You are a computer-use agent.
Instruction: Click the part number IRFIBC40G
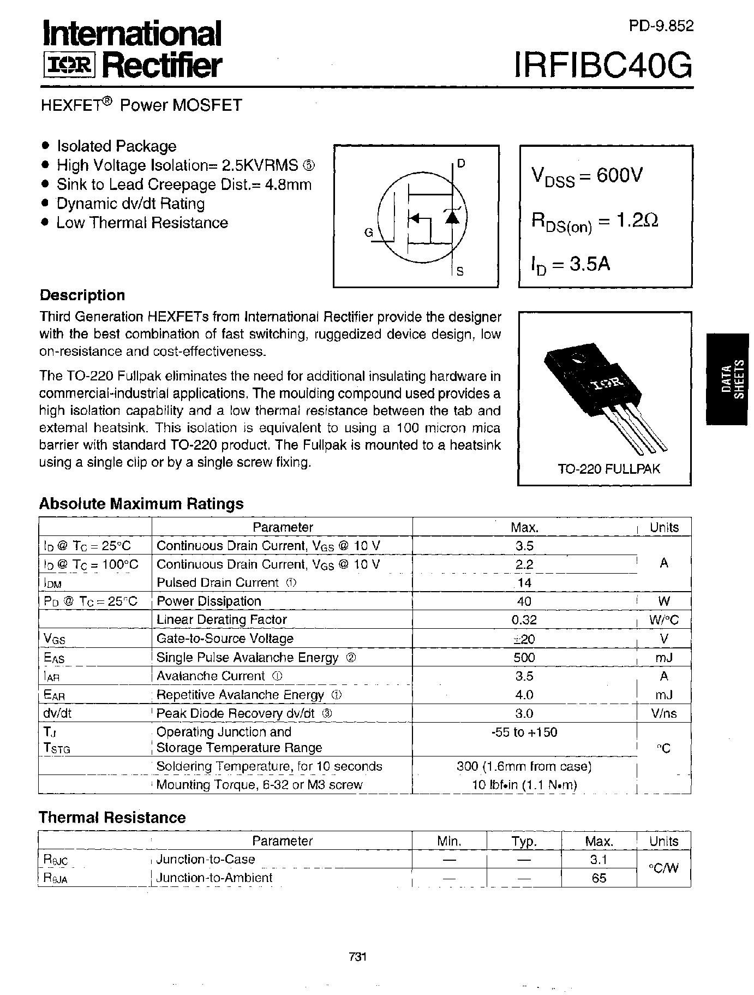[x=603, y=66]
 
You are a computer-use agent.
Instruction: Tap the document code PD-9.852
[x=661, y=26]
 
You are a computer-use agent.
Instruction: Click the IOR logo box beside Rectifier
[x=69, y=65]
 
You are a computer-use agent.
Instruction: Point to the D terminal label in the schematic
[x=461, y=163]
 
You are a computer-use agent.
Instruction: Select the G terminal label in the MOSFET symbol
[x=368, y=233]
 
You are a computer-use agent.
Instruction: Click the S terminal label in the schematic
[x=460, y=271]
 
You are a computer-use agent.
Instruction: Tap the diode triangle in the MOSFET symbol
[x=451, y=217]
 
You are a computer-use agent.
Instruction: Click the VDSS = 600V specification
[x=587, y=176]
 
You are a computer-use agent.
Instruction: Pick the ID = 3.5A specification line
[x=571, y=264]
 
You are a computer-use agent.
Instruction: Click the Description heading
[x=82, y=295]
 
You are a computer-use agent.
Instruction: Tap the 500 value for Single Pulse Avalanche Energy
[x=524, y=657]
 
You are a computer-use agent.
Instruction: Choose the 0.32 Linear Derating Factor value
[x=524, y=619]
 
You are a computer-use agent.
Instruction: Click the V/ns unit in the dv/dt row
[x=663, y=713]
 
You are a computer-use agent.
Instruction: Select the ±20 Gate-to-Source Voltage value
[x=524, y=639]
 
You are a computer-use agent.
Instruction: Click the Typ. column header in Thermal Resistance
[x=524, y=841]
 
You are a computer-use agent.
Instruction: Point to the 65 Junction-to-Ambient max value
[x=599, y=878]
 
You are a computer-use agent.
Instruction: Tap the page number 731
[x=357, y=957]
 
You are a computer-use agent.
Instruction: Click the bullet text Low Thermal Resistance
[x=142, y=223]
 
